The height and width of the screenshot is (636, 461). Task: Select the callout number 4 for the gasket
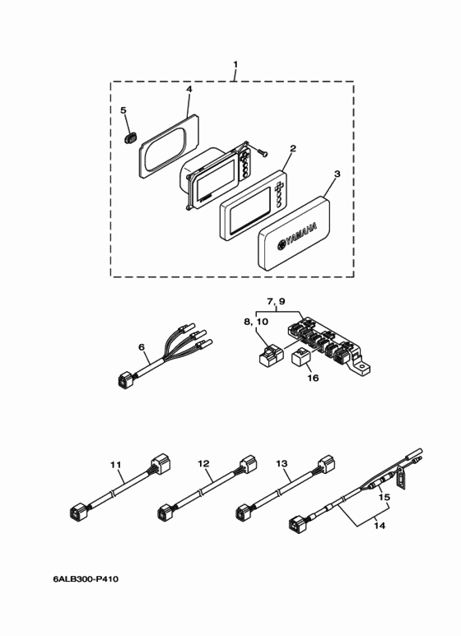(x=189, y=89)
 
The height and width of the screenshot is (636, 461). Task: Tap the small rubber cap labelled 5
(x=128, y=137)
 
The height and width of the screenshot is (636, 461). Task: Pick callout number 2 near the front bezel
(x=291, y=150)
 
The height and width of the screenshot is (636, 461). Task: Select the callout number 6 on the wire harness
(x=143, y=348)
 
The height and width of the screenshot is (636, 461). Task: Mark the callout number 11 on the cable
(x=115, y=464)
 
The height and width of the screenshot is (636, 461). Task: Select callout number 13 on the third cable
(x=282, y=464)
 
